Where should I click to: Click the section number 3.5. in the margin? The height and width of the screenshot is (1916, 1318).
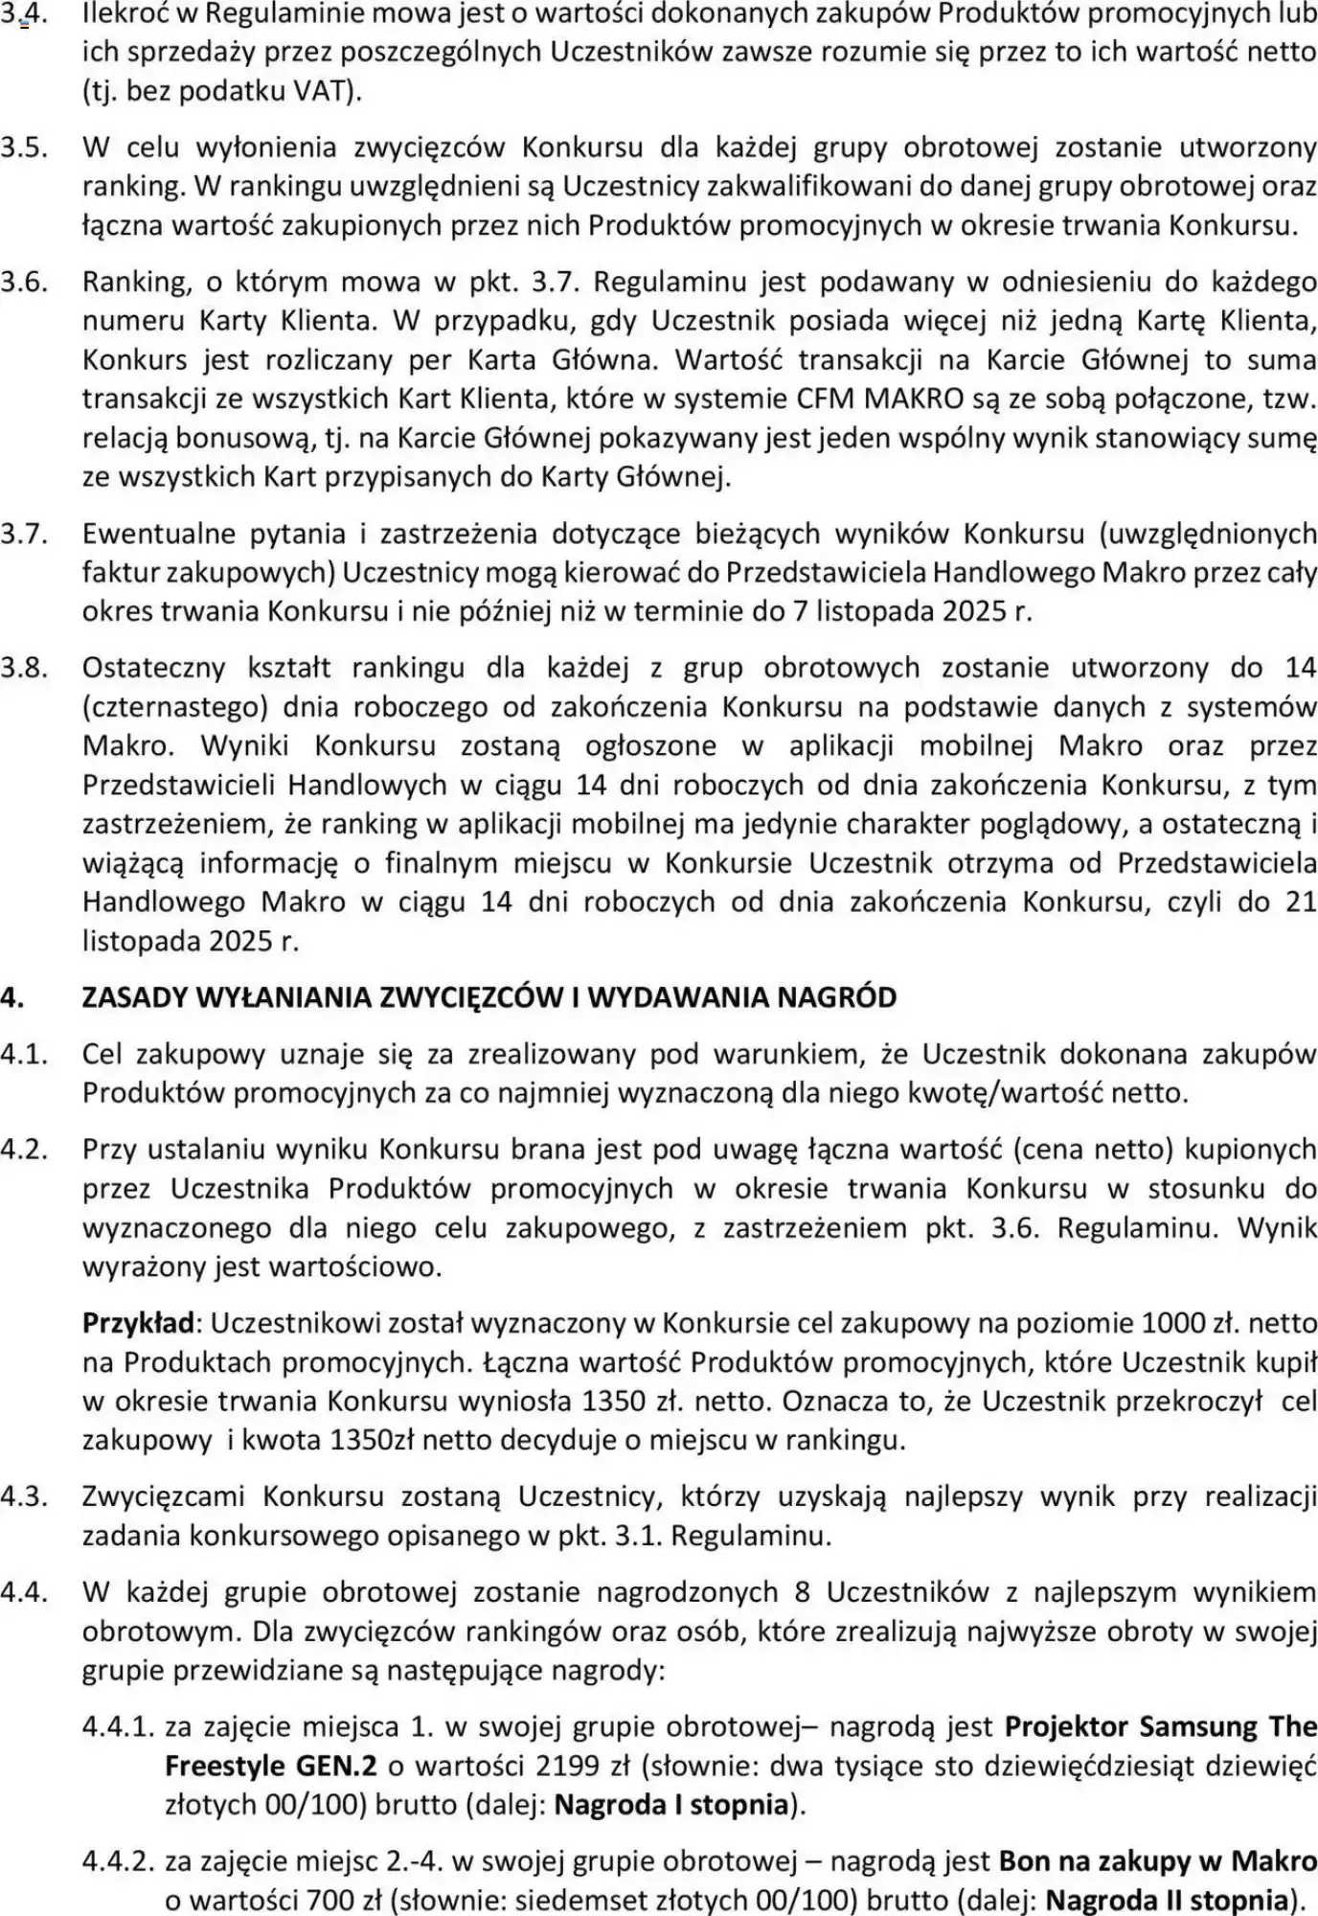pos(25,148)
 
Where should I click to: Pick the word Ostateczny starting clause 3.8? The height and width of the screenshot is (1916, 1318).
pos(153,668)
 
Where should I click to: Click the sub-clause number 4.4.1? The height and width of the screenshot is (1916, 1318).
pos(118,1726)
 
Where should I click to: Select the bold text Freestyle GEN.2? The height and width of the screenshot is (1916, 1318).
pos(271,1766)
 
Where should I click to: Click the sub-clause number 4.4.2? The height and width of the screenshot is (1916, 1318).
pos(118,1861)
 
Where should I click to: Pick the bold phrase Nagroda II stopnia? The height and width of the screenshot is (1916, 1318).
pos(1167,1900)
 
